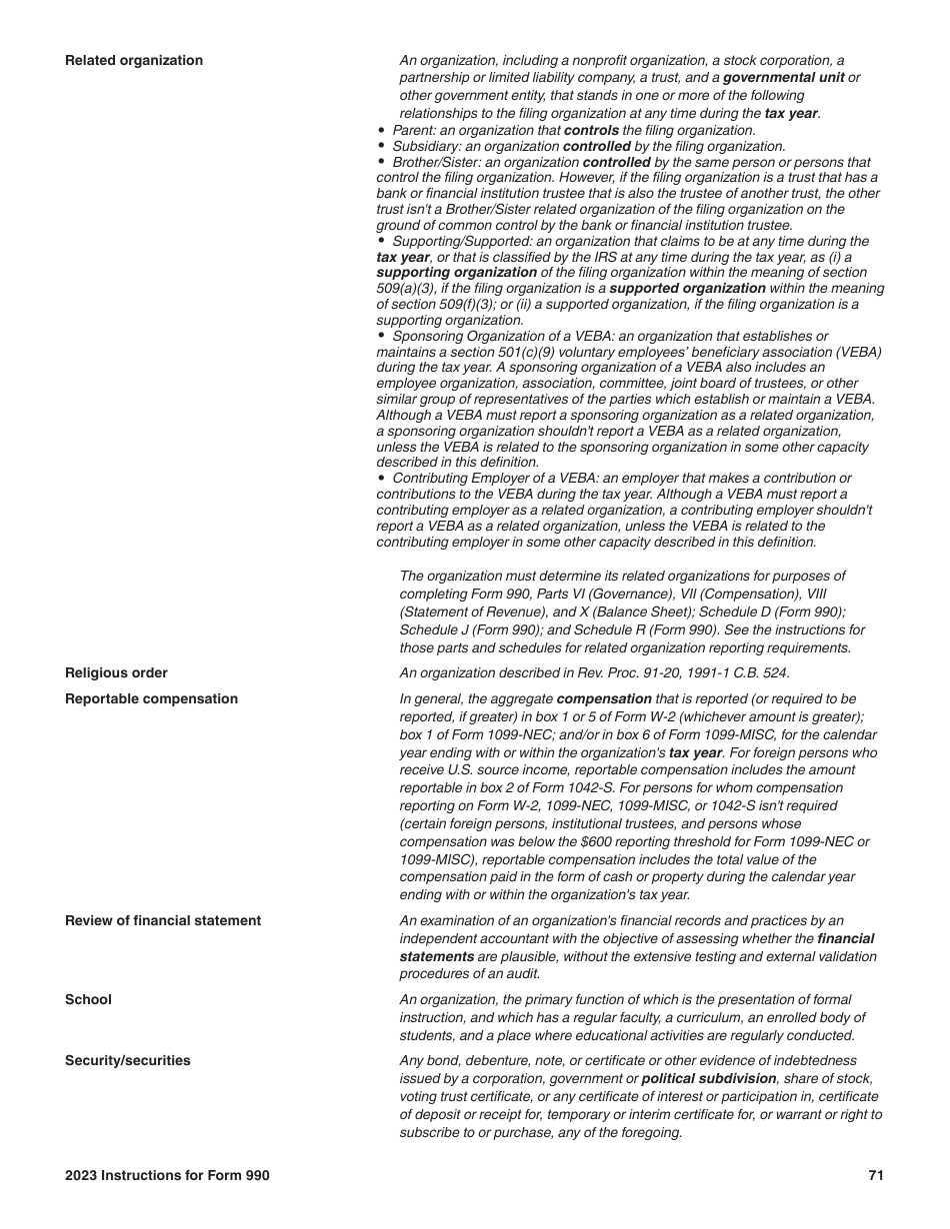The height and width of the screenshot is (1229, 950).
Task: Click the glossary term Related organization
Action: pos(133,61)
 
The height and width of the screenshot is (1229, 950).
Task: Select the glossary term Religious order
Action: pos(116,672)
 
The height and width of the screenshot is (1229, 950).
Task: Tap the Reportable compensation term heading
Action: pos(151,698)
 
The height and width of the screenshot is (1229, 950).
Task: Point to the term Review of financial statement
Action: pos(163,920)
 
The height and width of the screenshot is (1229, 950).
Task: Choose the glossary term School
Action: pos(88,999)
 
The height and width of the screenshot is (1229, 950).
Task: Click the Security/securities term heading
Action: pos(127,1060)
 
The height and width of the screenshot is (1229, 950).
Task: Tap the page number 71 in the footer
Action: pos(875,1175)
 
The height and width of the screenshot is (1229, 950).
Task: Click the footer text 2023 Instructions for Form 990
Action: pos(167,1175)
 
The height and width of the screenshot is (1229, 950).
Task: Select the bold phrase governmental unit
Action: pos(783,77)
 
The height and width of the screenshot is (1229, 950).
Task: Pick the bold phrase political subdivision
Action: pos(708,1079)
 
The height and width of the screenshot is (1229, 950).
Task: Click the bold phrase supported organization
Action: pos(687,288)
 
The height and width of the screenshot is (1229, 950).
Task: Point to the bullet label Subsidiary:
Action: pos(426,146)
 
